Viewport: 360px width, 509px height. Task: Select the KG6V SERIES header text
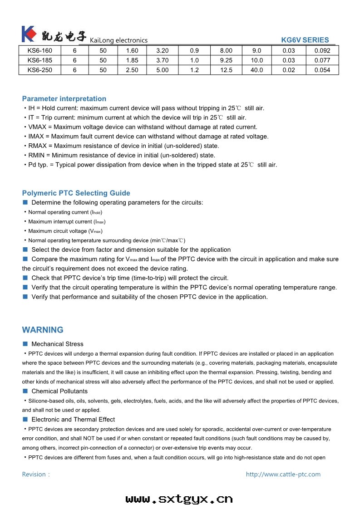(305, 40)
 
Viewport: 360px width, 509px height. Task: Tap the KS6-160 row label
(40, 51)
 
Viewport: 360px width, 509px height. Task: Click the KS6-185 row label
(40, 60)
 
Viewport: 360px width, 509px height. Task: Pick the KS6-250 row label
(40, 70)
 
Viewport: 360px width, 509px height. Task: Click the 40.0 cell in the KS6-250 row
(256, 70)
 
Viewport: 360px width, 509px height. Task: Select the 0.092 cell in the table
(322, 51)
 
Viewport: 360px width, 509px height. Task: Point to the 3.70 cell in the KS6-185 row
(162, 60)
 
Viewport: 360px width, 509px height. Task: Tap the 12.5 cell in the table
(226, 70)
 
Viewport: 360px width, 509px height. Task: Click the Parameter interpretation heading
(64, 99)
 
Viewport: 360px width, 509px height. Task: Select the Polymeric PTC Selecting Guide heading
(76, 193)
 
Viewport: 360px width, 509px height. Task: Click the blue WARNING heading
(43, 330)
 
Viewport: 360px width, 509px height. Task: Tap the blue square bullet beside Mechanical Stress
(25, 344)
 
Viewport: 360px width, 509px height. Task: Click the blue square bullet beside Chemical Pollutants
(25, 391)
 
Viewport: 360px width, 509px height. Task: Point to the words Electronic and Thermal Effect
(73, 420)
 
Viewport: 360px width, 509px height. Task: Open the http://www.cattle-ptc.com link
(283, 475)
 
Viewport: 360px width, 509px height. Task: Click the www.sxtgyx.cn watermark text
(179, 499)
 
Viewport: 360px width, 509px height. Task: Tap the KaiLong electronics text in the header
(119, 40)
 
